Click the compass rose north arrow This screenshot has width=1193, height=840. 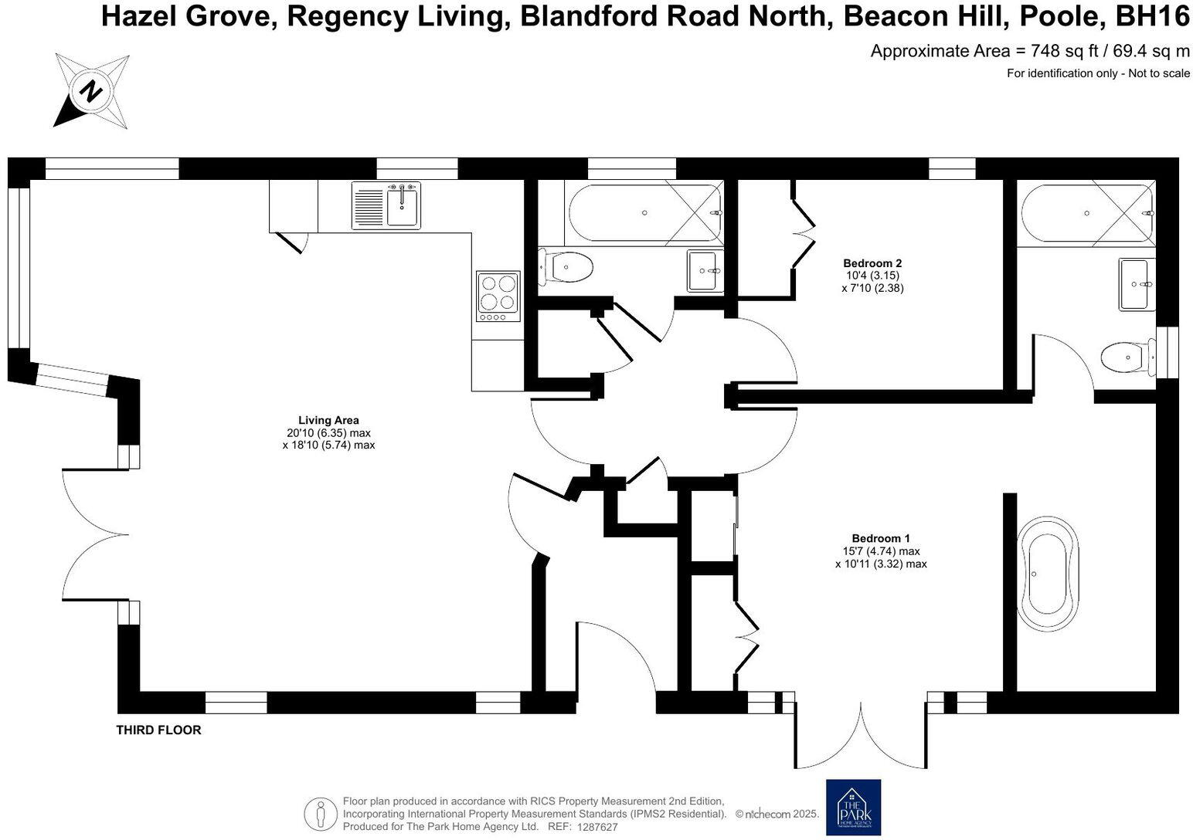[x=91, y=91]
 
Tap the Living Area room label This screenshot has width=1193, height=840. [x=328, y=421]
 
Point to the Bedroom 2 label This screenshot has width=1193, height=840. [x=872, y=262]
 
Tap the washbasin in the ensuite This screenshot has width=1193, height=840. [x=1136, y=285]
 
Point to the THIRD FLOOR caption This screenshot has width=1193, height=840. [x=158, y=730]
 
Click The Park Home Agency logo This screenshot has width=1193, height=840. [x=853, y=807]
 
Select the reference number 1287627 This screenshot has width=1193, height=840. [x=596, y=827]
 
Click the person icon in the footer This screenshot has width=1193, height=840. [x=321, y=813]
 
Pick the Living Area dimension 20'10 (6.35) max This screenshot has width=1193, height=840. [x=328, y=433]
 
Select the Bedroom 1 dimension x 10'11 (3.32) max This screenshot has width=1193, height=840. [x=881, y=564]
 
